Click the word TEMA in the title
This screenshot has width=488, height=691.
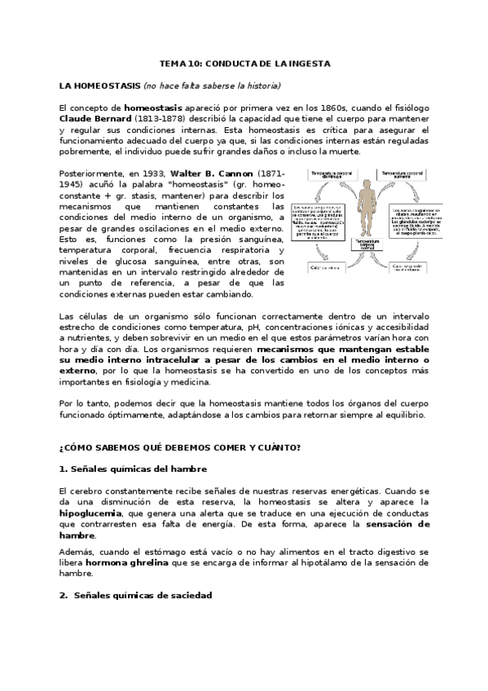[172, 63]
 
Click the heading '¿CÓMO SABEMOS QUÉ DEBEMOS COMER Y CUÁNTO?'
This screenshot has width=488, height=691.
[179, 447]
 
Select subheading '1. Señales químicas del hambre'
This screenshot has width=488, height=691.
[133, 469]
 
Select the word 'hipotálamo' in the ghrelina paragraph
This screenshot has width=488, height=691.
[330, 562]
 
